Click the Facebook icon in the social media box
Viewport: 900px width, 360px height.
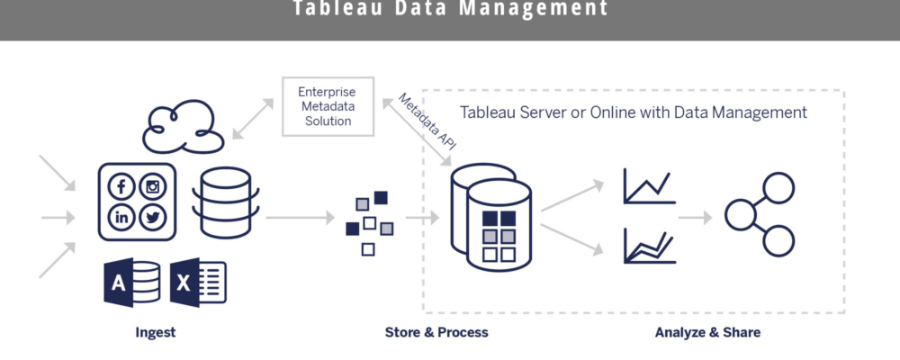[122, 187]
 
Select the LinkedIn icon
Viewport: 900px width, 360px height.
[122, 217]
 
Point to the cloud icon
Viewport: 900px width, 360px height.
[180, 127]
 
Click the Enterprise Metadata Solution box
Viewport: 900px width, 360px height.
[328, 107]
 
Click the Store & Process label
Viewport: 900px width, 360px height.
[436, 332]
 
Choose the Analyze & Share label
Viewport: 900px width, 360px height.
[707, 332]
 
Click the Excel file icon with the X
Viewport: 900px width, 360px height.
[198, 283]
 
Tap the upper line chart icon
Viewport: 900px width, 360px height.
[649, 185]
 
